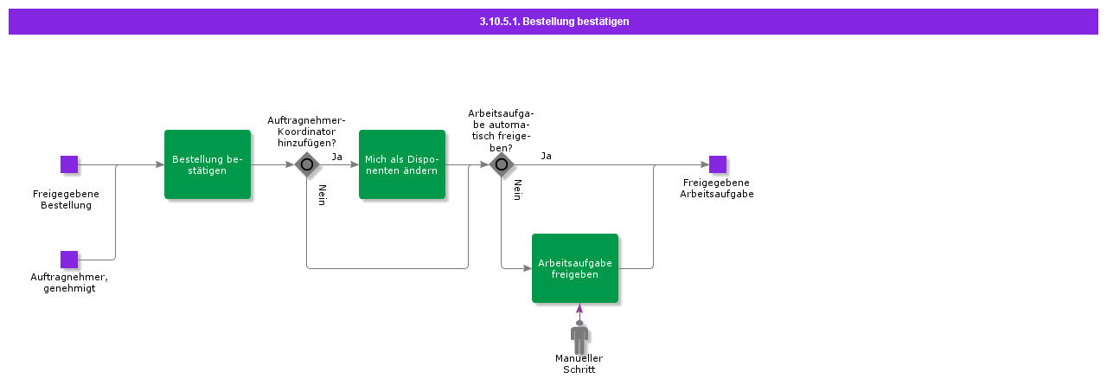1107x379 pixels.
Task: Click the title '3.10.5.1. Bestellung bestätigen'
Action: (553, 22)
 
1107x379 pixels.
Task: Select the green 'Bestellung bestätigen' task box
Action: (208, 164)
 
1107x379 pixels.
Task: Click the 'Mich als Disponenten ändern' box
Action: (401, 164)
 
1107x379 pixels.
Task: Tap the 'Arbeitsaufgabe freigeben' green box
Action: (575, 268)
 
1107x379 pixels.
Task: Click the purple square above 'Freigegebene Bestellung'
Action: (69, 164)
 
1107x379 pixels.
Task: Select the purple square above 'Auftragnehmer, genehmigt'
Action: (69, 260)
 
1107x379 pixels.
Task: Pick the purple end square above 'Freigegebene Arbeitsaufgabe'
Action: (718, 164)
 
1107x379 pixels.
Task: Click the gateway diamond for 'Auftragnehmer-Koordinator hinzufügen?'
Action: (306, 164)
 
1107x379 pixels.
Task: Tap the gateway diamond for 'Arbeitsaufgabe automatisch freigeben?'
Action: (501, 164)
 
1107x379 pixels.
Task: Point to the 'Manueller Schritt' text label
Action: (579, 364)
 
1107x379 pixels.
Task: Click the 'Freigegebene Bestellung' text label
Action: (66, 200)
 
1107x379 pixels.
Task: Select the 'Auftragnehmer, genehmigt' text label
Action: (69, 283)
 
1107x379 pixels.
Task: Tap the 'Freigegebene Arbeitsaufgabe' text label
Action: (717, 189)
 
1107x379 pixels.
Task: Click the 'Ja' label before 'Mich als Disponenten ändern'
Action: (337, 157)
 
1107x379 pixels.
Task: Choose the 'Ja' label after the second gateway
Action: (546, 157)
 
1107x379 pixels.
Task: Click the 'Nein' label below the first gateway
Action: (322, 195)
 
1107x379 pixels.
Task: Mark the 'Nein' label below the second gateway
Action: (517, 190)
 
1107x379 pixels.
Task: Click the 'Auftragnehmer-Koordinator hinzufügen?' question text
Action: (306, 132)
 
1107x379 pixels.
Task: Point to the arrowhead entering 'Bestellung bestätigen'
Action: (159, 164)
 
